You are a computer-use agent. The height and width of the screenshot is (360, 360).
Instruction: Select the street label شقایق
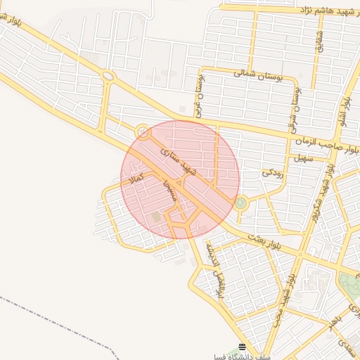pyautogui.click(x=317, y=40)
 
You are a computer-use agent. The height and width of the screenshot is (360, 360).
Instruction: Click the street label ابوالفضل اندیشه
pyautogui.click(x=214, y=270)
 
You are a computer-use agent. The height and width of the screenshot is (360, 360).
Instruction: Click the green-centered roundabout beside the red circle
pyautogui.click(x=241, y=203)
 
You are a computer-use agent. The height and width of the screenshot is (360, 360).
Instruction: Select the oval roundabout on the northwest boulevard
pyautogui.click(x=108, y=76)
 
